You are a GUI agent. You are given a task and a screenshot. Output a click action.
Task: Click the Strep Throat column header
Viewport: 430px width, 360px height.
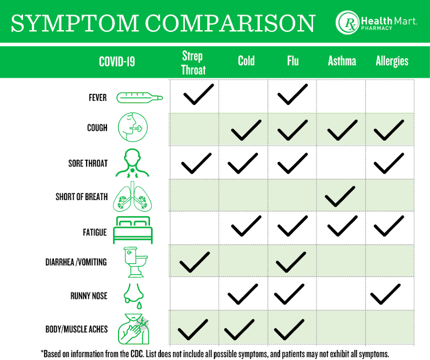(193, 63)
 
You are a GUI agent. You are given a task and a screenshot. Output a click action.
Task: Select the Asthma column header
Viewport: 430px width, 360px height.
(342, 61)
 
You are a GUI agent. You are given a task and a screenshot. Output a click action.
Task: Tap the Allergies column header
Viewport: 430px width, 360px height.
(392, 61)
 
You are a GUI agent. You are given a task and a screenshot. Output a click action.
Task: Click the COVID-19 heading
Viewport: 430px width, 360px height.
(117, 62)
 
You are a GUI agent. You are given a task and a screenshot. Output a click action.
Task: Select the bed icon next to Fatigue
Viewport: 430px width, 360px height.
(133, 230)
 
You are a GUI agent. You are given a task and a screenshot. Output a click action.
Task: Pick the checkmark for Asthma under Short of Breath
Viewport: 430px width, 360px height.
(341, 196)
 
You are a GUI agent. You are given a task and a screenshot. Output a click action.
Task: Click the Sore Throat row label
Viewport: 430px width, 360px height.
(88, 163)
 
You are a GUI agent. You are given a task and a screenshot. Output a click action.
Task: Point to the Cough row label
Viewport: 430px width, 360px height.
(97, 128)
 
